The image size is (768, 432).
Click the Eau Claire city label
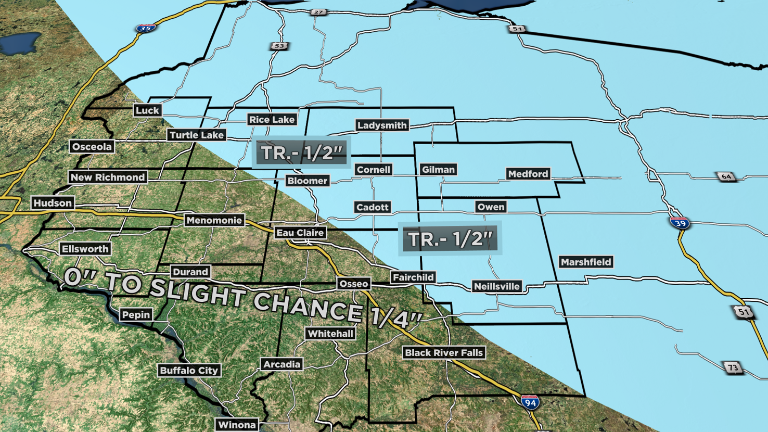pyautogui.click(x=300, y=233)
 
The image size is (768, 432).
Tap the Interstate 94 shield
pyautogui.click(x=530, y=402)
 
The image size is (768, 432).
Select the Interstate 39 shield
pyautogui.click(x=680, y=223)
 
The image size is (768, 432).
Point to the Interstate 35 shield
pyautogui.click(x=146, y=28)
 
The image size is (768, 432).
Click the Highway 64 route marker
pyautogui.click(x=726, y=176)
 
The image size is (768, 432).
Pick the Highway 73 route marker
pyautogui.click(x=733, y=367)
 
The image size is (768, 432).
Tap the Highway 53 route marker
pyautogui.click(x=279, y=46)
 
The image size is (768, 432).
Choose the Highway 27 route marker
pyautogui.click(x=318, y=12)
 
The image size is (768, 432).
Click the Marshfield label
pyautogui.click(x=586, y=262)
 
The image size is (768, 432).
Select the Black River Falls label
pyautogui.click(x=444, y=353)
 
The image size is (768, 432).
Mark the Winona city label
pyautogui.click(x=237, y=425)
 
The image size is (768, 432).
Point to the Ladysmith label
pyautogui.click(x=382, y=125)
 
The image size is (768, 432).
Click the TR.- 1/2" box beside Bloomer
pyautogui.click(x=301, y=153)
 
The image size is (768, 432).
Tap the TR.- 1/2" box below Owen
pyautogui.click(x=450, y=239)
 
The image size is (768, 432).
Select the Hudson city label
pyautogui.click(x=53, y=203)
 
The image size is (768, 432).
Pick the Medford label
pyautogui.click(x=528, y=174)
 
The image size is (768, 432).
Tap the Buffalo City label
pyautogui.click(x=189, y=371)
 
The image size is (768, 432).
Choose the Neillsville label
pyautogui.click(x=496, y=286)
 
